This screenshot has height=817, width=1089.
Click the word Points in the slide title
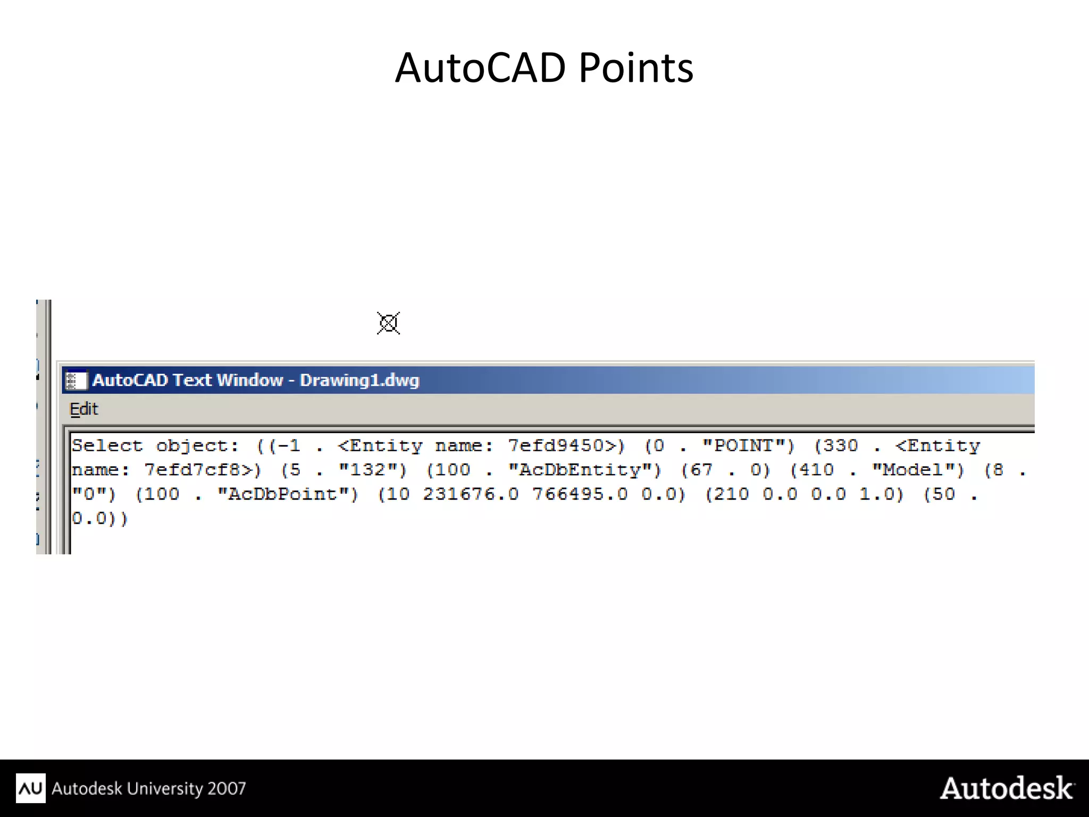(x=635, y=69)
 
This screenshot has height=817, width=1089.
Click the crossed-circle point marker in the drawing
(x=388, y=323)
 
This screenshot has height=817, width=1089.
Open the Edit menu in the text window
(x=84, y=409)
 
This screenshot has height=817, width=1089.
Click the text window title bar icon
(x=76, y=381)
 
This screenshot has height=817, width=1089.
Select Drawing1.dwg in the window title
(x=359, y=381)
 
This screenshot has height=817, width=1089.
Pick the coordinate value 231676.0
(x=470, y=494)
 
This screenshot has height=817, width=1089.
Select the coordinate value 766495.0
(x=580, y=494)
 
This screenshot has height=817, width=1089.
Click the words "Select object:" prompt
(x=155, y=445)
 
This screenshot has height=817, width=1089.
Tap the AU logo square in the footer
(x=30, y=788)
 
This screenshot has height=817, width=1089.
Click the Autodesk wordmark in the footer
(x=1007, y=788)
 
